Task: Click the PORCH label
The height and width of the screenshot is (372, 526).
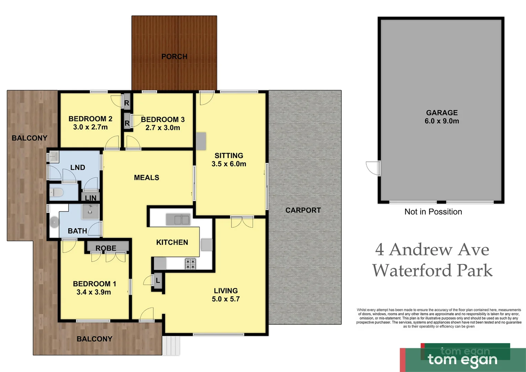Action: point(174,56)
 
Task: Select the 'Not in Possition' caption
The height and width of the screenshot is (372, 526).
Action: point(433,212)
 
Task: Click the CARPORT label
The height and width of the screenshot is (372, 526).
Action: point(303,210)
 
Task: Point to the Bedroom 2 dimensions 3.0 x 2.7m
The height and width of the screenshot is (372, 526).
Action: point(90,127)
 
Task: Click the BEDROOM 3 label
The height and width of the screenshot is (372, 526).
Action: point(163,120)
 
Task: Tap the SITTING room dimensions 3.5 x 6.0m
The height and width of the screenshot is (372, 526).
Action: point(229,164)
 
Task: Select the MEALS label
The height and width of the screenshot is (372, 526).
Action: point(146,178)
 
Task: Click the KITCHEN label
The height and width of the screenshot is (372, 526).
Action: point(172,242)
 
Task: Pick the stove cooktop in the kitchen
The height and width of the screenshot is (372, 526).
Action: point(190,264)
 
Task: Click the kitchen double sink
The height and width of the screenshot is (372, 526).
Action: point(178,219)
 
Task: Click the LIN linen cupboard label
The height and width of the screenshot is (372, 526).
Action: point(91,198)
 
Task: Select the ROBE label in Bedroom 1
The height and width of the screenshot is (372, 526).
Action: point(106,248)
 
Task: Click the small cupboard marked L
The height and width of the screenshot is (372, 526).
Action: point(158,281)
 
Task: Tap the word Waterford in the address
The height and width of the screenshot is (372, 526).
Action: point(412,270)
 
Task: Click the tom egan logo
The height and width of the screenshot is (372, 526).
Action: point(463,359)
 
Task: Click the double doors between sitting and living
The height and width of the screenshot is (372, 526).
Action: point(242,222)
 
